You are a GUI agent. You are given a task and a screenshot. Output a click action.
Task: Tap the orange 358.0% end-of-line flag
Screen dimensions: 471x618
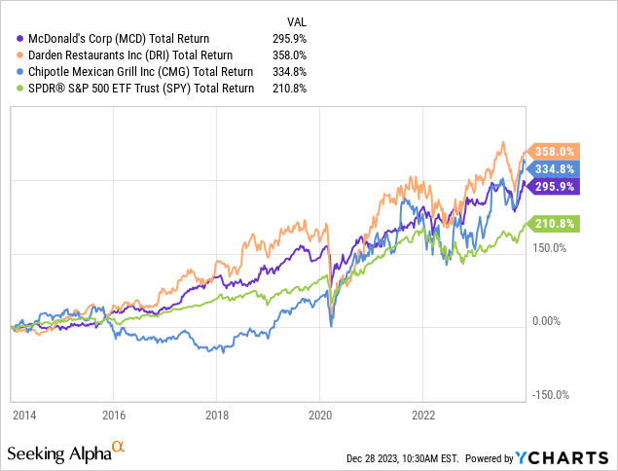pos(555,152)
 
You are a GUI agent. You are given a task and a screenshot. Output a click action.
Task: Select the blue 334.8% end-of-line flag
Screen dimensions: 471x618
pos(555,168)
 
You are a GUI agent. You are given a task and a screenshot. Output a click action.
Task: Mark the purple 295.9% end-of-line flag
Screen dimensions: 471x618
pos(555,186)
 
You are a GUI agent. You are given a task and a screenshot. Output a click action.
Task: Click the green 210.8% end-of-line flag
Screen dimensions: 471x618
pos(555,224)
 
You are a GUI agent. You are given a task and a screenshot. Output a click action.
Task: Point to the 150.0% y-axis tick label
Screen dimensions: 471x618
pos(551,247)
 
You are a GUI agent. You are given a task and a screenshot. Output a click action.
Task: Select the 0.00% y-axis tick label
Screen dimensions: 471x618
pos(547,321)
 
